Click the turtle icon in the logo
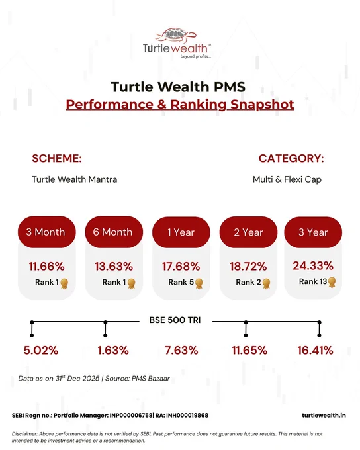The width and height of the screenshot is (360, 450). (176, 35)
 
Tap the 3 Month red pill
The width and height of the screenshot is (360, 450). (47, 232)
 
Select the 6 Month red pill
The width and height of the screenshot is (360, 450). (114, 232)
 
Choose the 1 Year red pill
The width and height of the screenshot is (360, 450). (181, 232)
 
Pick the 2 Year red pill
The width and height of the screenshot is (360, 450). (248, 232)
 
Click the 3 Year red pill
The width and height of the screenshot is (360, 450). (313, 232)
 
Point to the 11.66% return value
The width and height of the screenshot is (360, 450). (46, 267)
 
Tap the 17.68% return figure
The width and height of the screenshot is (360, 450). (181, 267)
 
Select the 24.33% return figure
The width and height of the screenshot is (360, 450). (313, 266)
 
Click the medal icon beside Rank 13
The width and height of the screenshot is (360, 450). (332, 282)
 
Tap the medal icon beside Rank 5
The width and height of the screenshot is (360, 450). (199, 283)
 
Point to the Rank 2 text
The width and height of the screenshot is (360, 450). (248, 282)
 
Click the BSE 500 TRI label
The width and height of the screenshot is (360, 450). (175, 320)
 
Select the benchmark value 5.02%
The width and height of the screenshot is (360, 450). (41, 351)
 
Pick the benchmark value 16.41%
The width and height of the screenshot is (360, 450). (315, 351)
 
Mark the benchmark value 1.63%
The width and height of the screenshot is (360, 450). (113, 351)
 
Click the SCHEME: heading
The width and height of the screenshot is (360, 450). (57, 158)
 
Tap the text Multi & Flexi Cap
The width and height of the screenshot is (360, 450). (287, 179)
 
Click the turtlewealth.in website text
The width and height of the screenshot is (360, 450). (324, 416)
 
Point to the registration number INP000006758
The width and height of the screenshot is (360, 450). (132, 416)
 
